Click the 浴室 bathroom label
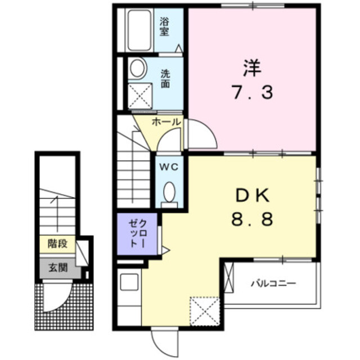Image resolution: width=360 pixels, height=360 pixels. [164, 26]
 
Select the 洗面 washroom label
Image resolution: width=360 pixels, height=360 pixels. [166, 79]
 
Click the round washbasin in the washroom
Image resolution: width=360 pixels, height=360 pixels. [137, 69]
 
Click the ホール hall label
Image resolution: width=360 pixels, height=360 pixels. [166, 121]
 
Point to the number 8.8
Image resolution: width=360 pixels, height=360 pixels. [251, 219]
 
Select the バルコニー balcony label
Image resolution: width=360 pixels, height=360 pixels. [273, 283]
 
